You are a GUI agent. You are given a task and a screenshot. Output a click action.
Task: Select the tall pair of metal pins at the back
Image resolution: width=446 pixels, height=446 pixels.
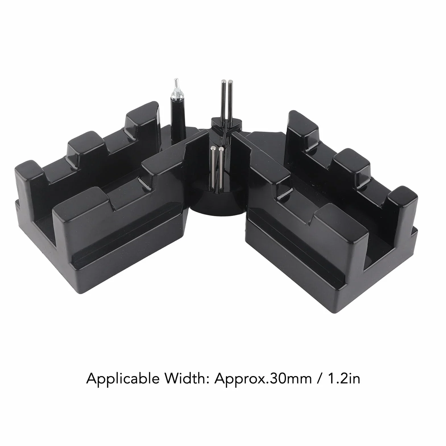click(x=227, y=101)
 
